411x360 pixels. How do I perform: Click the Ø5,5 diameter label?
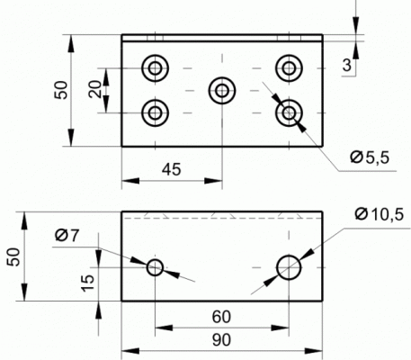point(370,157)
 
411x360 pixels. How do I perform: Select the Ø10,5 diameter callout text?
point(380,214)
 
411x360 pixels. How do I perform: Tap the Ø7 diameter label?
point(67,235)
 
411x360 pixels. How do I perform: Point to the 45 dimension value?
point(172,169)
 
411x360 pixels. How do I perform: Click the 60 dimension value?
point(221,317)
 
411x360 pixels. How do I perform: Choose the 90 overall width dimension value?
point(222,340)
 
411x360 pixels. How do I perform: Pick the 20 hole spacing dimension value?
point(95,89)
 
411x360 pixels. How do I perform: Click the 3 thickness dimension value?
point(347,65)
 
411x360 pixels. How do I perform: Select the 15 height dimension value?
point(88,283)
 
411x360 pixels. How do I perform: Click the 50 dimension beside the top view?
point(61,90)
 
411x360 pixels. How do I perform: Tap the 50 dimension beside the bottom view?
point(13,256)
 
